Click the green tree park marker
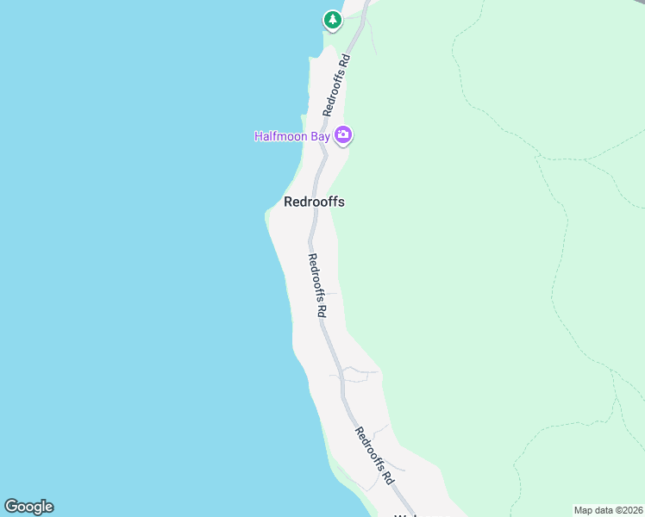coord(332,19)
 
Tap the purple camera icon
coord(344,134)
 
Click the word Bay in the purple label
coord(320,136)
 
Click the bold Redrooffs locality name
coord(314,202)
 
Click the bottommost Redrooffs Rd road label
coord(375,455)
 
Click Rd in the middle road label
coord(322,308)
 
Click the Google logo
coord(28,507)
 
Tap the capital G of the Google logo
coord(11,507)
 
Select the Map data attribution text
coord(609,509)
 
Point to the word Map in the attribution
coord(584,509)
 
